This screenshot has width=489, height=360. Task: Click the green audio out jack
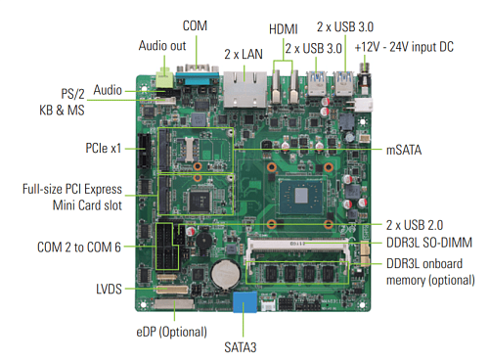(164, 78)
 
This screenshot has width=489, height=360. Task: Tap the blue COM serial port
(198, 75)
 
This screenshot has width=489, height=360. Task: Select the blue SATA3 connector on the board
(244, 302)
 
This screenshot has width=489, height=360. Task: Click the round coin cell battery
(226, 274)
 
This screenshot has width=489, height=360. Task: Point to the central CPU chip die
(301, 196)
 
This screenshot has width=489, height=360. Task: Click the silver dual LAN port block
(244, 89)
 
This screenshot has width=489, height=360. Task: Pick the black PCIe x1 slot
(144, 151)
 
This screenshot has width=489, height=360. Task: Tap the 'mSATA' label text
(404, 150)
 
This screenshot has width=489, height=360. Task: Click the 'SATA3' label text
(241, 347)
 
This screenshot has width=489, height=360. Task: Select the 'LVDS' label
(109, 290)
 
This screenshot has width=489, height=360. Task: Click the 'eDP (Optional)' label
(171, 332)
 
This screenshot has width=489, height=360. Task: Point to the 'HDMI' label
(284, 29)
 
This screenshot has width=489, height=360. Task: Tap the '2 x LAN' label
(244, 54)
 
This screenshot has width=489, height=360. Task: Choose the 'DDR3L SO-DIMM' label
(429, 243)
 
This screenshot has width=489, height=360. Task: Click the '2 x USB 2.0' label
(415, 225)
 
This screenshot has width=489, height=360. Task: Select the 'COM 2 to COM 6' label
(79, 247)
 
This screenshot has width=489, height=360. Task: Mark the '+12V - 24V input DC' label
(404, 47)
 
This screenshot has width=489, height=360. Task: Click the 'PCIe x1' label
(103, 148)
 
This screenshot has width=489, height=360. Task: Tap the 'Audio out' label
(162, 46)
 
